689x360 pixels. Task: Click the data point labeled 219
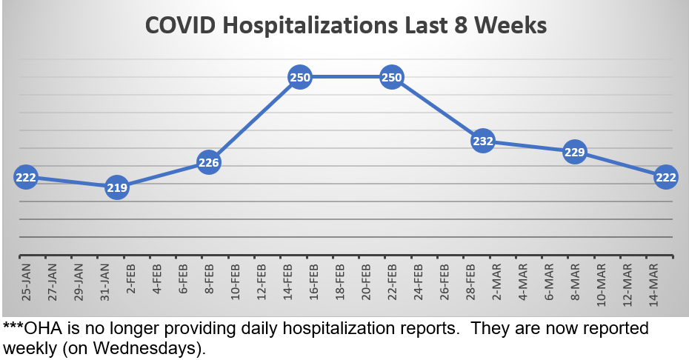[x=117, y=187]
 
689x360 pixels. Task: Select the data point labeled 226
[x=209, y=162]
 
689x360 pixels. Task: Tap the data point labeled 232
[x=483, y=141]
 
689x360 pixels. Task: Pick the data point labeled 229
[x=575, y=153]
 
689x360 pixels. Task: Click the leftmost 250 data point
[x=300, y=77]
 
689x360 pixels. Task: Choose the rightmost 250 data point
[x=392, y=77]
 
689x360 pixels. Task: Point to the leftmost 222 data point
[x=25, y=177]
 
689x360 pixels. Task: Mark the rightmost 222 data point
[x=665, y=176]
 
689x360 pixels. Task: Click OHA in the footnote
[x=40, y=328]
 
